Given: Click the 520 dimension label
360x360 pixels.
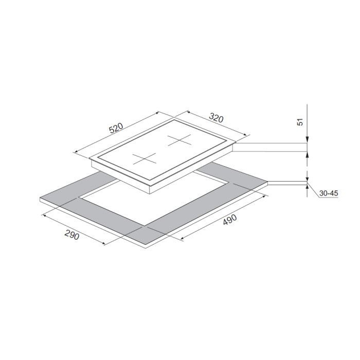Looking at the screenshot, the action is click(116, 128).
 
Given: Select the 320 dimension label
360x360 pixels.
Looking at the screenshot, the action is click(216, 118).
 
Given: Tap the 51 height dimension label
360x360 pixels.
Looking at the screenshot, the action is click(300, 122).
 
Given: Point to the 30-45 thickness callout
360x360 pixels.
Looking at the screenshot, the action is click(329, 193).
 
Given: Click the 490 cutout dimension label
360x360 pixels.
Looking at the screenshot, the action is click(229, 220).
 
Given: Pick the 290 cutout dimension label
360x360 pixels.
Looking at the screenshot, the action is click(72, 235).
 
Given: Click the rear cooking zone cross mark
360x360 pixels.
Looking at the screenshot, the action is click(179, 140).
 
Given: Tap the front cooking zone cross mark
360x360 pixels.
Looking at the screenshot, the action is click(145, 159).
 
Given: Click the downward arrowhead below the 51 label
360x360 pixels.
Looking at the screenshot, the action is click(307, 140).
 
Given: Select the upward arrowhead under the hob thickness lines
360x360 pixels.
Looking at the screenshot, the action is click(307, 155).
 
